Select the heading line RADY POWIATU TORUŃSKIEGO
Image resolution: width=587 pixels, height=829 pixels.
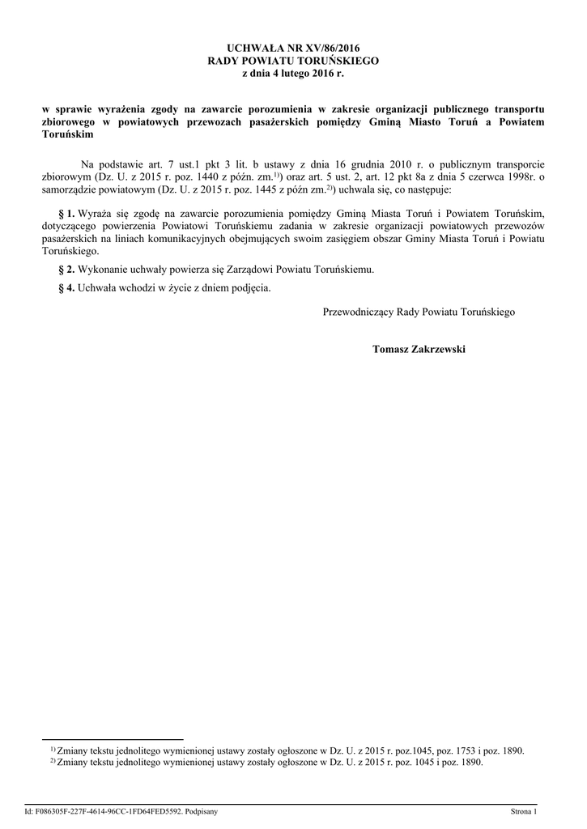(x=293, y=61)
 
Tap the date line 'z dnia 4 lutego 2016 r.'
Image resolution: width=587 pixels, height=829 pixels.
(x=293, y=73)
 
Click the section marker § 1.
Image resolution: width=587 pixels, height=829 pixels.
(x=67, y=211)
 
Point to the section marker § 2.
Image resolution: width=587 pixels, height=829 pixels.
(x=67, y=269)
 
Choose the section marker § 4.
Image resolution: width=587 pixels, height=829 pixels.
(x=67, y=287)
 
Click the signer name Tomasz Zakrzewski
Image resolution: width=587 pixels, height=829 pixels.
(x=419, y=349)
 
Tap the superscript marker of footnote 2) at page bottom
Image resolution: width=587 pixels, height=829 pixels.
(x=53, y=760)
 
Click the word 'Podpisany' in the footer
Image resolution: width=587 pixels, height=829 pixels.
(x=198, y=810)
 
